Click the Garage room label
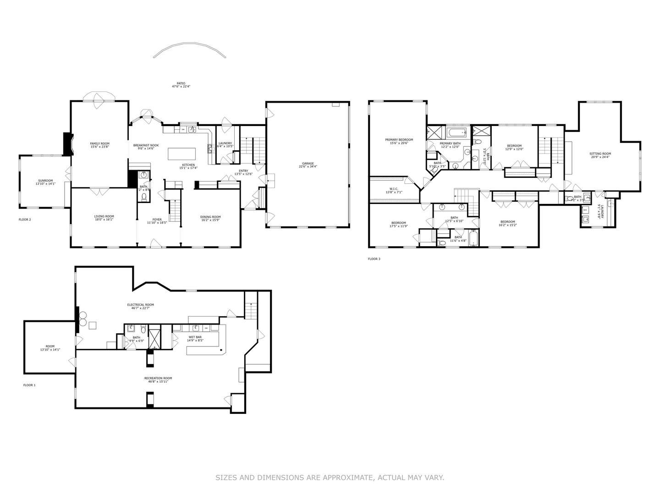tap(308, 163)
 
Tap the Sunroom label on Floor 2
tap(45, 180)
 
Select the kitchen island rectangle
tap(182, 153)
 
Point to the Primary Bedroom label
tap(399, 139)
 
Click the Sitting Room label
tap(600, 154)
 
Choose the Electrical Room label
tap(140, 304)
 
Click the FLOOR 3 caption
tap(374, 259)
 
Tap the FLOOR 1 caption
tap(29, 385)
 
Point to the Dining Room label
tap(210, 217)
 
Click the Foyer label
tap(157, 220)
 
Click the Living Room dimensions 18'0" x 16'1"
tap(104, 220)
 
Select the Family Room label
tap(99, 143)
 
